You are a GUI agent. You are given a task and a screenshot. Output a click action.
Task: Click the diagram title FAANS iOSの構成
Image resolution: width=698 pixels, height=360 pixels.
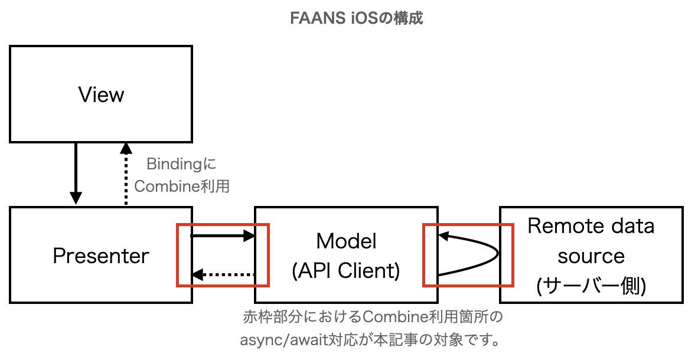point(357,18)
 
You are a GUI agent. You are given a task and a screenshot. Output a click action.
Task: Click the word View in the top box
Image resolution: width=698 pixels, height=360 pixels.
point(101,94)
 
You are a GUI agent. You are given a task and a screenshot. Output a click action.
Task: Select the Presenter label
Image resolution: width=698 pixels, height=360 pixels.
point(101,256)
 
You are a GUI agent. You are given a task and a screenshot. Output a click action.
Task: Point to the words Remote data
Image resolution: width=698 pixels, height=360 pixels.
point(591,226)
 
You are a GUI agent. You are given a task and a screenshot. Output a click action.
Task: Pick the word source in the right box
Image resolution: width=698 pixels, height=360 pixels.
point(591,256)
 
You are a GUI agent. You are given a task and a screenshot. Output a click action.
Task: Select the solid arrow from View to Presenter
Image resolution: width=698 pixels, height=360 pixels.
point(76,171)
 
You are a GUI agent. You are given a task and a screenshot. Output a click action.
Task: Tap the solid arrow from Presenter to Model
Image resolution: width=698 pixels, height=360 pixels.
point(221,236)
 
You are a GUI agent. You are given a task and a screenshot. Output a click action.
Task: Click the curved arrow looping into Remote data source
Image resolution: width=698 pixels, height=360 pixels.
point(481,254)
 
